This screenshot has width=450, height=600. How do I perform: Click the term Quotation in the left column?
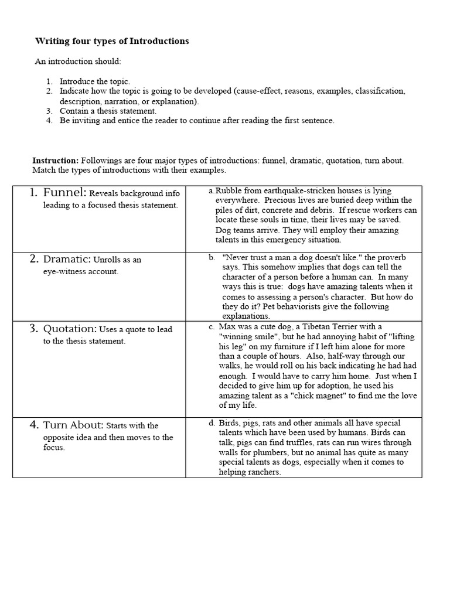pos(70,329)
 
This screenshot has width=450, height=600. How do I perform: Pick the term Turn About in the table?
pos(73,425)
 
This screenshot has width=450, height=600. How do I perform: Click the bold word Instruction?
pos(55,161)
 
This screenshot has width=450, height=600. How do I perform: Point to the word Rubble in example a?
pos(228,191)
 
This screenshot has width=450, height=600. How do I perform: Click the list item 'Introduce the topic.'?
pos(95,81)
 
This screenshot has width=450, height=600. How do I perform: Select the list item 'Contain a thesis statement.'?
pos(108,111)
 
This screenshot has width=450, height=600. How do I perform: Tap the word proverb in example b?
pos(381,257)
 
